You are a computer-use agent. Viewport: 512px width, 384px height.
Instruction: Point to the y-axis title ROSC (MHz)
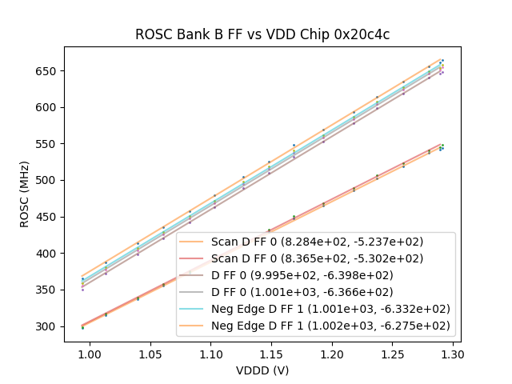tap(26, 194)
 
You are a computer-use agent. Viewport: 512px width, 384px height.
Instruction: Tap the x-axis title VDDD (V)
tap(262, 370)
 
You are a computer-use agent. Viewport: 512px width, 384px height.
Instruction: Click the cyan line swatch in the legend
tap(194, 309)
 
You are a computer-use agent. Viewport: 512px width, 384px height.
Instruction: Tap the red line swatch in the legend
tap(194, 258)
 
